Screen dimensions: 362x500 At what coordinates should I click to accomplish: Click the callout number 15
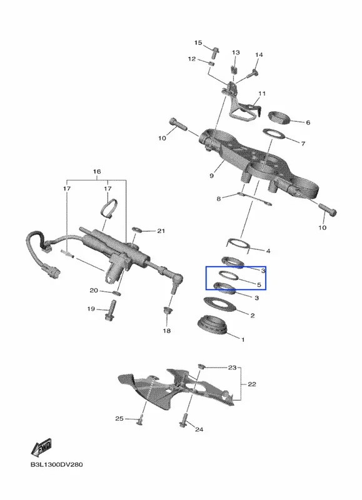point(198,42)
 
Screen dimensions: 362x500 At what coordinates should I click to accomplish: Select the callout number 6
point(308,122)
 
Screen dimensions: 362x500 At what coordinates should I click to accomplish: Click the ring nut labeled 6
point(278,117)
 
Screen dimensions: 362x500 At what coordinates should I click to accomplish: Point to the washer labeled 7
point(274,134)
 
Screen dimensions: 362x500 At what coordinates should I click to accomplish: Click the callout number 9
point(212,176)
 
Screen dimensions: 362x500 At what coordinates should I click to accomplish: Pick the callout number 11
point(262,94)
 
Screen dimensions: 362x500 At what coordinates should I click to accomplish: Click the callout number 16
point(97,171)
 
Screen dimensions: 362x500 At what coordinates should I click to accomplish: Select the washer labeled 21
point(137,229)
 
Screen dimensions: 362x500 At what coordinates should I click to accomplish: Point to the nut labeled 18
point(167,311)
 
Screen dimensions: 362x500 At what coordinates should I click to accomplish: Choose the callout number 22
point(252,384)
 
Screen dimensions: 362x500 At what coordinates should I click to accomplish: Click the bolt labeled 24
point(184,421)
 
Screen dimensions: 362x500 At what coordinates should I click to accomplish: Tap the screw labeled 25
point(140,421)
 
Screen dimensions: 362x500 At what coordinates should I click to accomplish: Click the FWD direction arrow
point(41,447)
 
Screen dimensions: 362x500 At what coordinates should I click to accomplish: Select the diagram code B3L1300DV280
point(56,464)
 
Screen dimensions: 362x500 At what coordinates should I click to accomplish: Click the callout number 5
point(259,285)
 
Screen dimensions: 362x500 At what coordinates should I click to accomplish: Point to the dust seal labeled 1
point(213,325)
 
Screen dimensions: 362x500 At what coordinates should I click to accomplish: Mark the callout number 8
point(218,199)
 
